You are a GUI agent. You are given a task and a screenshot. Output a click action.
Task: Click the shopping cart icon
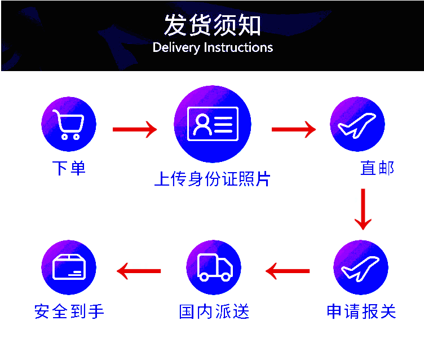pyautogui.click(x=69, y=124)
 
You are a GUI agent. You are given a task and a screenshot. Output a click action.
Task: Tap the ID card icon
pyautogui.click(x=213, y=124)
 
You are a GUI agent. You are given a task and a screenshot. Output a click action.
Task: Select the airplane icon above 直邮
pyautogui.click(x=357, y=124)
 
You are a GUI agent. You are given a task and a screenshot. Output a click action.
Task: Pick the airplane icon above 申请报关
pyautogui.click(x=361, y=267)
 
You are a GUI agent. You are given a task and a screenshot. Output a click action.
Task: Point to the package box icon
pyautogui.click(x=69, y=267)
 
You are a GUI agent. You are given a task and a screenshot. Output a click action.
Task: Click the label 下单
pyautogui.click(x=69, y=168)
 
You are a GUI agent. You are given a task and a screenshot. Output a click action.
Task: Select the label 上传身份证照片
pyautogui.click(x=212, y=179)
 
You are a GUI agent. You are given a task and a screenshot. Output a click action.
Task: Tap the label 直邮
pyautogui.click(x=377, y=168)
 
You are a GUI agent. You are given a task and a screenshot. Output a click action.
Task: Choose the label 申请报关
pyautogui.click(x=361, y=311)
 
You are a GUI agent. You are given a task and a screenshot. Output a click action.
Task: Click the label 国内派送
pyautogui.click(x=214, y=311)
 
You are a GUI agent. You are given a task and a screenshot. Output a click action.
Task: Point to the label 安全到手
pyautogui.click(x=69, y=311)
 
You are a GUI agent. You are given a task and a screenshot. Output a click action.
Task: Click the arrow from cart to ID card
pyautogui.click(x=135, y=129)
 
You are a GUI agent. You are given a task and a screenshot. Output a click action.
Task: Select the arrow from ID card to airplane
pyautogui.click(x=294, y=129)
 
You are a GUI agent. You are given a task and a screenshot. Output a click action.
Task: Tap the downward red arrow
pyautogui.click(x=363, y=209)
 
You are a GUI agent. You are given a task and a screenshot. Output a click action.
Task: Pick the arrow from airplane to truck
pyautogui.click(x=288, y=271)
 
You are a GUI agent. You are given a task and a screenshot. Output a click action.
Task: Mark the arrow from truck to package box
pyautogui.click(x=139, y=271)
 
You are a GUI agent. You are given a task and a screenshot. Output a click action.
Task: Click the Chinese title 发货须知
pyautogui.click(x=213, y=25)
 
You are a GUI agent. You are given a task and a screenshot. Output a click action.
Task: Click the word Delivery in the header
pyautogui.click(x=176, y=47)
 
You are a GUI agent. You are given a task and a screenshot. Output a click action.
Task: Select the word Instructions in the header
pyautogui.click(x=238, y=47)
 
